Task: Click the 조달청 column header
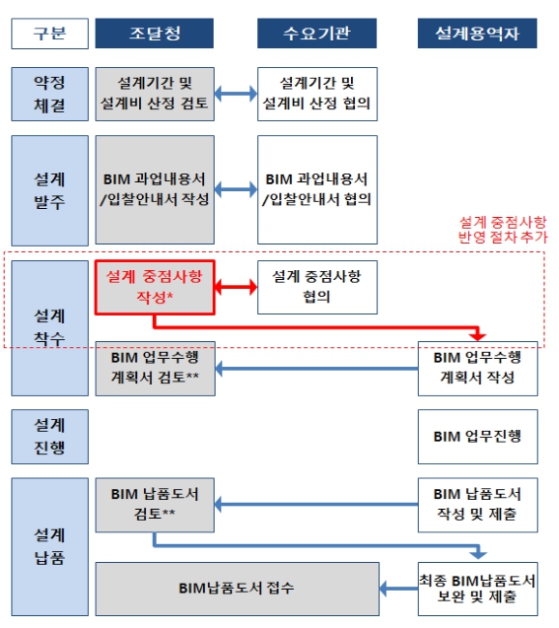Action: pyautogui.click(x=154, y=34)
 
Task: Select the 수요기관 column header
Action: pyautogui.click(x=316, y=34)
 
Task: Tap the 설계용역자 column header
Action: pyautogui.click(x=477, y=34)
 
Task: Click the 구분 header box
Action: pyautogui.click(x=49, y=34)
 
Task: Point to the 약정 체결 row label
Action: pyautogui.click(x=49, y=94)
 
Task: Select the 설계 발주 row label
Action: pyautogui.click(x=49, y=190)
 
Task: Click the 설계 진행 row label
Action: pyautogui.click(x=49, y=437)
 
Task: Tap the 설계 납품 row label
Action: pyautogui.click(x=49, y=547)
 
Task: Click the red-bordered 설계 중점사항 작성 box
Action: pyautogui.click(x=155, y=287)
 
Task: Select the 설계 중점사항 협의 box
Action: pyautogui.click(x=317, y=287)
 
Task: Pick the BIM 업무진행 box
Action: pyautogui.click(x=478, y=437)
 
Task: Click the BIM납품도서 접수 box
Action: pyautogui.click(x=237, y=589)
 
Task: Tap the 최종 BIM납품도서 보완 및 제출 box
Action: pyautogui.click(x=478, y=589)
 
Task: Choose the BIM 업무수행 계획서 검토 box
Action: pyautogui.click(x=155, y=369)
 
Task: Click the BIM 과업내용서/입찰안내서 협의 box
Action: pyautogui.click(x=317, y=189)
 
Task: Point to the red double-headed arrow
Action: pyautogui.click(x=236, y=287)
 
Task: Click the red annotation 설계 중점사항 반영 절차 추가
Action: pyautogui.click(x=503, y=230)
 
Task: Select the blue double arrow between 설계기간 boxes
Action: pyautogui.click(x=236, y=94)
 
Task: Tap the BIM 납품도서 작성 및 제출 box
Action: pyautogui.click(x=478, y=505)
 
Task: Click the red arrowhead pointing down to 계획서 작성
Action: pyautogui.click(x=478, y=335)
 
